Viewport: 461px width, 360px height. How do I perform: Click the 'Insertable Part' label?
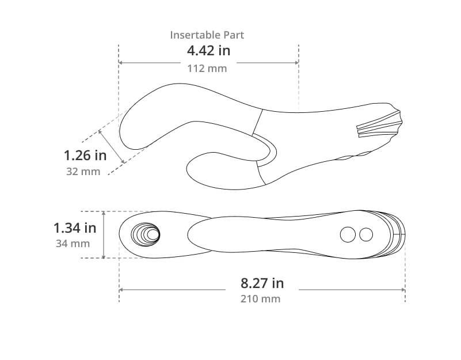click(207, 35)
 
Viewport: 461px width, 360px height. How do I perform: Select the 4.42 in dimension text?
click(208, 51)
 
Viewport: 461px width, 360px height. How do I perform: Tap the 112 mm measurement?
click(207, 69)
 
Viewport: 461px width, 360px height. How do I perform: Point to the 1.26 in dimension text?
click(85, 155)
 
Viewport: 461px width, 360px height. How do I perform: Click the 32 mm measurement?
click(83, 171)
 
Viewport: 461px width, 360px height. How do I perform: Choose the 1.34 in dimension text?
click(75, 228)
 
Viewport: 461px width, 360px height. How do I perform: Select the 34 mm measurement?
click(73, 244)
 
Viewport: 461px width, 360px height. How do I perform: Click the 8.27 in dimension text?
click(262, 283)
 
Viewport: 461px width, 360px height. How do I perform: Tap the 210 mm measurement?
click(260, 299)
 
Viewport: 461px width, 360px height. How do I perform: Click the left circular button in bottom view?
click(348, 234)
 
